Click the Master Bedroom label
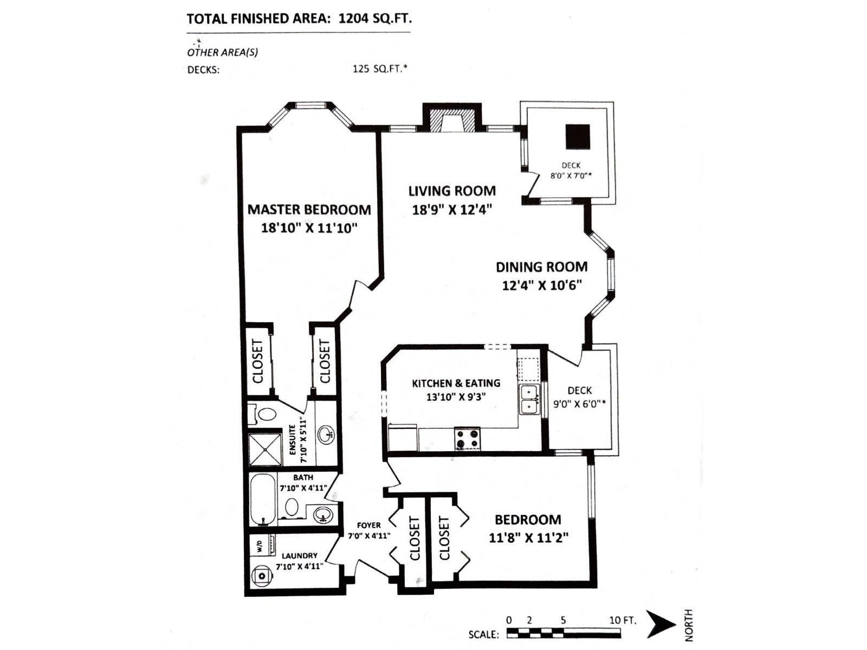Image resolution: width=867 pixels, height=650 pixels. point(309,210)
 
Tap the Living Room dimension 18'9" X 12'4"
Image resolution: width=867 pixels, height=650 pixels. point(452,210)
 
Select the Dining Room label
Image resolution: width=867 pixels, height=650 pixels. point(541,267)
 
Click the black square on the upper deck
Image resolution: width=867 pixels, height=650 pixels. point(578,136)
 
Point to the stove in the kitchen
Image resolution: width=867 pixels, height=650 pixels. point(467,439)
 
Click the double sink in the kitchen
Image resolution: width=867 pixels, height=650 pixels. point(529,400)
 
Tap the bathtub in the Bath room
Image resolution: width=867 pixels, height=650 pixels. point(263,499)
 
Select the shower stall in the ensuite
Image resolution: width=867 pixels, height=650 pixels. point(265,450)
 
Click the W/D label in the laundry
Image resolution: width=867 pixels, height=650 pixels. point(259,546)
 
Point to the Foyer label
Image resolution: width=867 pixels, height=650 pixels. point(368,525)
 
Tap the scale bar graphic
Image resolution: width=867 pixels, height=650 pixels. point(564,633)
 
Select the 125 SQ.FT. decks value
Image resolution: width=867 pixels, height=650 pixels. point(379,69)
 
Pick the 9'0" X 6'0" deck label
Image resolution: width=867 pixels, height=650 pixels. point(579,404)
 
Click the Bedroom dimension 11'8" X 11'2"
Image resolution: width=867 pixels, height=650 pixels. point(528,538)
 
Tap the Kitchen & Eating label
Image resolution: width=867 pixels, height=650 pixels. point(456,383)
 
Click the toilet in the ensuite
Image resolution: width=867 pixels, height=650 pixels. point(264,414)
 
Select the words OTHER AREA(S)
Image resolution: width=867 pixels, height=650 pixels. point(222,53)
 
